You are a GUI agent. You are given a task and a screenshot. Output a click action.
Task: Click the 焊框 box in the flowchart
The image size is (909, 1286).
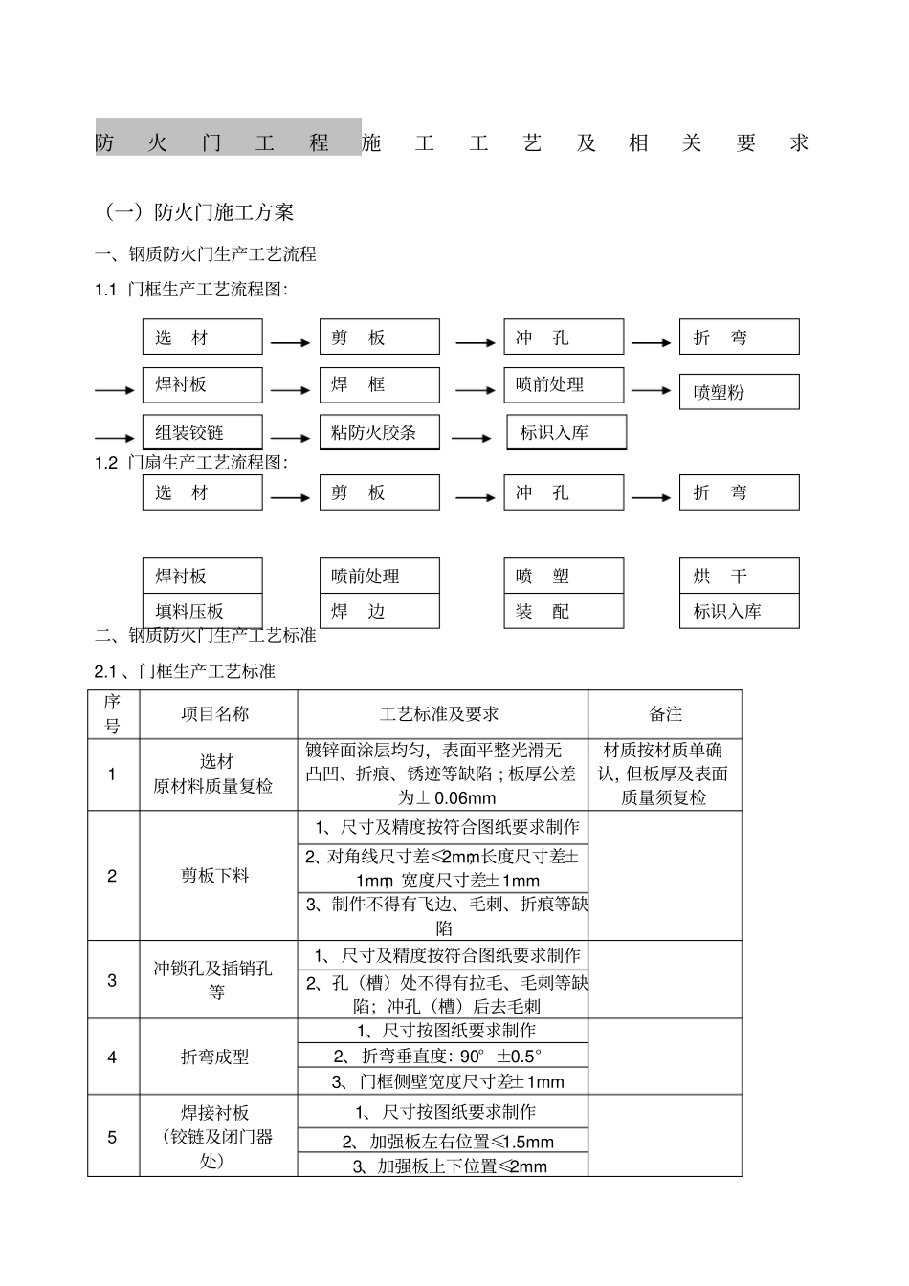(379, 384)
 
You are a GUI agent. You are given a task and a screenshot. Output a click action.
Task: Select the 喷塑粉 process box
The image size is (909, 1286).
(739, 392)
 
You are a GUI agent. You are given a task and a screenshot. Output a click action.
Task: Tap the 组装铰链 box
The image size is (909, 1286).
(202, 432)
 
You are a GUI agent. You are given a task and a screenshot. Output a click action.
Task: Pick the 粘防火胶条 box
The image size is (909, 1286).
(379, 432)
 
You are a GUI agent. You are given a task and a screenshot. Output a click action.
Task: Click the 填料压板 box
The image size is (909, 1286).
(202, 611)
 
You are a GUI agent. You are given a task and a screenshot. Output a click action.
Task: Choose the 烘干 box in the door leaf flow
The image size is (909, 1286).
(739, 576)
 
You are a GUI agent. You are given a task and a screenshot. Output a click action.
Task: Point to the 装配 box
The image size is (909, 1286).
(564, 611)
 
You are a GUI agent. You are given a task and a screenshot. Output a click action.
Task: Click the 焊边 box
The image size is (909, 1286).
(379, 611)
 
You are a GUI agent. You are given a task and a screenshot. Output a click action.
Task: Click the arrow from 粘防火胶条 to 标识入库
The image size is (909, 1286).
(472, 438)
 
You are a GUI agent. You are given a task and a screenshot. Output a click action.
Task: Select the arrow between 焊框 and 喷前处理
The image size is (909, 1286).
(476, 390)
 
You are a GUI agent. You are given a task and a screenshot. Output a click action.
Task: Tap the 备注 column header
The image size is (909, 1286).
(665, 714)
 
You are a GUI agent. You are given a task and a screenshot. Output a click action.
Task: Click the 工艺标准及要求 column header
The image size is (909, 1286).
(442, 714)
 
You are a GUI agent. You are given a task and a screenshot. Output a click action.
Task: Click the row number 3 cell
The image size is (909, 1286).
(113, 980)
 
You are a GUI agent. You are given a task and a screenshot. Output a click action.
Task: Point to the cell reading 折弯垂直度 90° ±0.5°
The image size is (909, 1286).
(442, 1056)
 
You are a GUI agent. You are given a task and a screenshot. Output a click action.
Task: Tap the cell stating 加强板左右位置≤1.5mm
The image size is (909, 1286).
(442, 1141)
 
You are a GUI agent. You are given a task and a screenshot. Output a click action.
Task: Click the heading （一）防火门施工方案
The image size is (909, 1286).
(199, 211)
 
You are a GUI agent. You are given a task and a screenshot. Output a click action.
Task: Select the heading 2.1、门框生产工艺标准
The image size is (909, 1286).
(185, 671)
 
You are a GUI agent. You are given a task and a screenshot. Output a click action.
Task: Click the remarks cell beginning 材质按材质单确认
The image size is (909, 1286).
(665, 774)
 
